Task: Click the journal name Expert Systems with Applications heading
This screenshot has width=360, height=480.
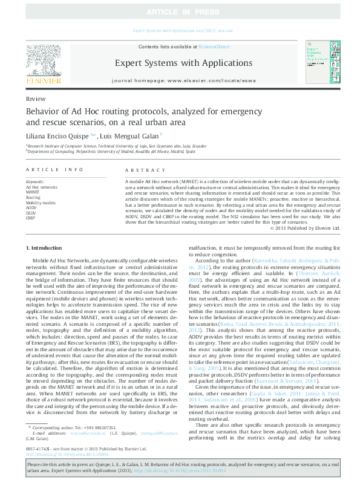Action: (x=180, y=63)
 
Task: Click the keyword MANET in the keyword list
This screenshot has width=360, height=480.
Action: (x=33, y=192)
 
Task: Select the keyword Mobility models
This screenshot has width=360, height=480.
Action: (x=41, y=203)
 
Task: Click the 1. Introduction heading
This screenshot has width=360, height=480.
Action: (x=44, y=248)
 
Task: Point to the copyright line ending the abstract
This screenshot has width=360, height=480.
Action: (x=309, y=228)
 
